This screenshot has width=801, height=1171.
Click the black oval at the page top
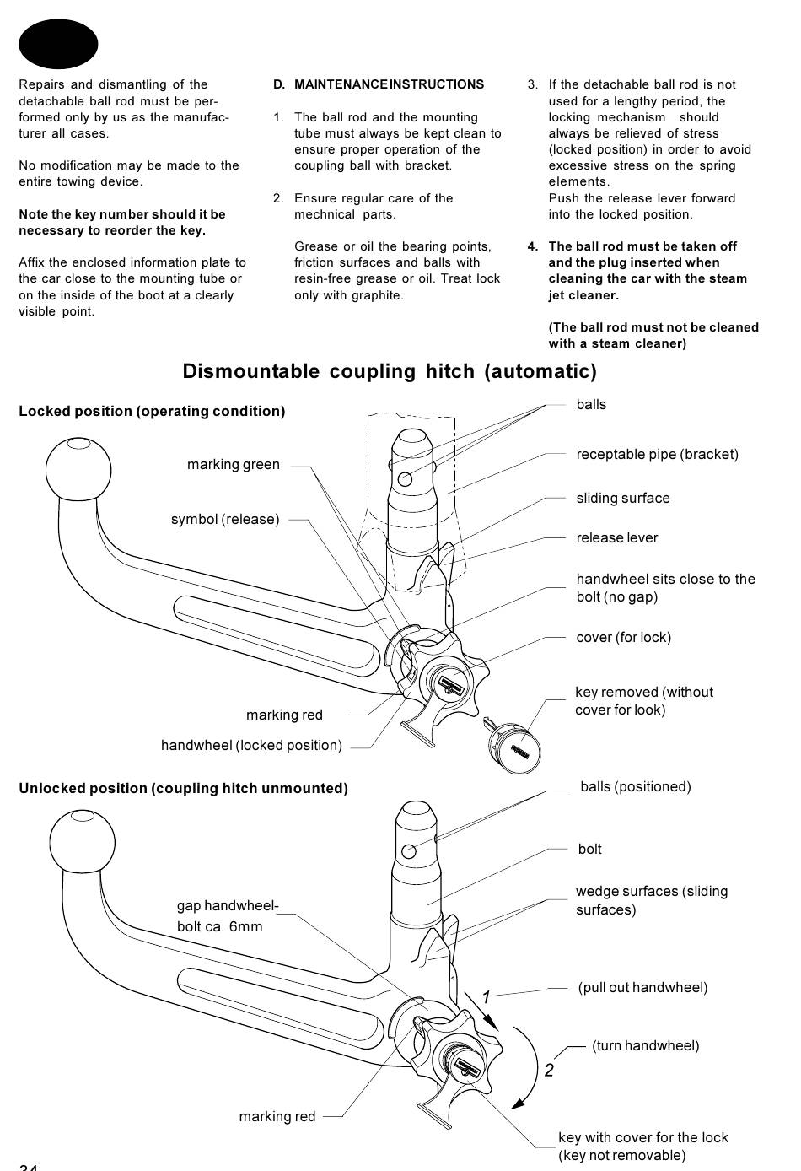(x=58, y=44)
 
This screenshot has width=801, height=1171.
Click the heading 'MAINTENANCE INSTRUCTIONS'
(x=389, y=84)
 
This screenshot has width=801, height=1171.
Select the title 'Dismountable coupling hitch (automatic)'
(x=390, y=371)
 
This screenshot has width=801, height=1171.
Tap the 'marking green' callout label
(x=233, y=464)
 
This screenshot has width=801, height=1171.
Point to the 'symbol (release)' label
(x=225, y=519)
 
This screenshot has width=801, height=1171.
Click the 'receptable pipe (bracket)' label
(x=658, y=454)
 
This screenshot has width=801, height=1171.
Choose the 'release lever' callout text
(x=617, y=537)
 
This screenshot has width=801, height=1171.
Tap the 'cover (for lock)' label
(x=623, y=637)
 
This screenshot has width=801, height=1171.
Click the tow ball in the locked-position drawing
(x=78, y=469)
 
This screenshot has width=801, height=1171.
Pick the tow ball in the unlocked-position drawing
(x=82, y=842)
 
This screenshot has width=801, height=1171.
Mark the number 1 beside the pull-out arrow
(x=487, y=997)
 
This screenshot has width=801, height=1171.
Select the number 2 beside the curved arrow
(x=549, y=1070)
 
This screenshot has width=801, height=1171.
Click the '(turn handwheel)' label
(x=645, y=1045)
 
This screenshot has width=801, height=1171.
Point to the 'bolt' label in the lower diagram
(x=590, y=849)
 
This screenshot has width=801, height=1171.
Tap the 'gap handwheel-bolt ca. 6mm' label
(x=228, y=916)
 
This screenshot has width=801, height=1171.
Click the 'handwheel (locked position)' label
(x=251, y=745)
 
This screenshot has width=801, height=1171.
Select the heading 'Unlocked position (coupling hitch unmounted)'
(x=184, y=788)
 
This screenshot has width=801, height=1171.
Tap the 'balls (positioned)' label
(x=636, y=787)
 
